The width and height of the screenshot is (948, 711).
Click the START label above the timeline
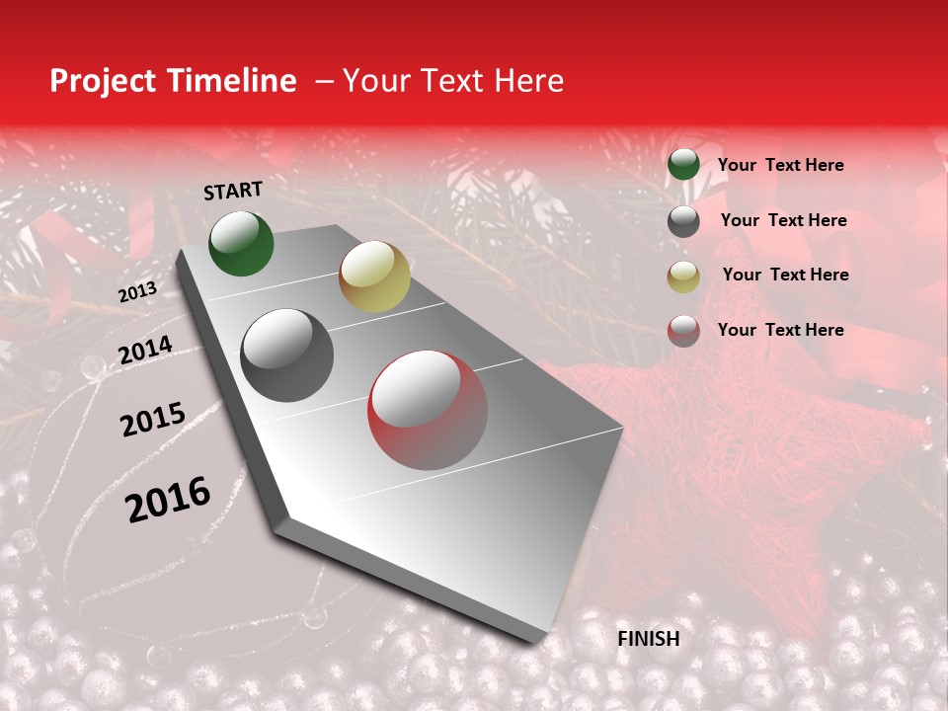[233, 191]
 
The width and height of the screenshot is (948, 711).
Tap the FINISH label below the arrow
[649, 639]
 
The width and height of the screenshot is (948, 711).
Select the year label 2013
[138, 292]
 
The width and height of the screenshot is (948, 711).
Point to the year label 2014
[146, 351]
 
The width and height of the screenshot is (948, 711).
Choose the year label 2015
[153, 420]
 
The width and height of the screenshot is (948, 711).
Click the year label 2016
[169, 500]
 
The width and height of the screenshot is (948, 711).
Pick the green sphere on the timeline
[241, 243]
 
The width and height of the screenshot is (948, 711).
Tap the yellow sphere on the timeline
[374, 276]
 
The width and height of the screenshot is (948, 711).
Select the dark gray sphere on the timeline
[287, 355]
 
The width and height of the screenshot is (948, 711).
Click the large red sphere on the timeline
[428, 410]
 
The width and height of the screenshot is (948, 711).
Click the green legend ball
[683, 165]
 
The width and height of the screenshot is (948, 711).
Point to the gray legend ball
[683, 221]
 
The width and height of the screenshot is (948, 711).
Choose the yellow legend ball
[683, 276]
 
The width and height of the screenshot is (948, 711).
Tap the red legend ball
[683, 331]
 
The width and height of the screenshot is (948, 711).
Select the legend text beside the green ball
[780, 165]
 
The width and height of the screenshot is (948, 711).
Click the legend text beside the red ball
[780, 330]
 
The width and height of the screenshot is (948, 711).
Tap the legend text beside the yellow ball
[785, 275]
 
